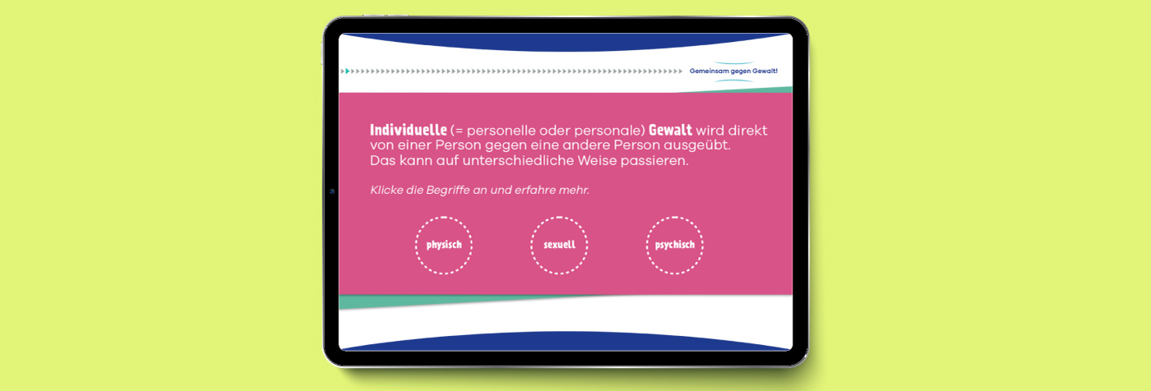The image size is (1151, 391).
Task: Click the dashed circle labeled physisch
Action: (443, 218)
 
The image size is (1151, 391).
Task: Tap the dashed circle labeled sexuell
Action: (559, 218)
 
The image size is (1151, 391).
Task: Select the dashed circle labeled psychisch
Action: (675, 218)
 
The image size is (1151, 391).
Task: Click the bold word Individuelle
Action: (409, 130)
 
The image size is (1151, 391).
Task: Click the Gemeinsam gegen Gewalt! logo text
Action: (733, 71)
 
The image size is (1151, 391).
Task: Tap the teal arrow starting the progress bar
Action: (347, 71)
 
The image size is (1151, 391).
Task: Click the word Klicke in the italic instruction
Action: (386, 190)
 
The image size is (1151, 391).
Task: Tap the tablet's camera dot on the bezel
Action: (332, 191)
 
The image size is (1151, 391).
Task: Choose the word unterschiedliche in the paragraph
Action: (518, 161)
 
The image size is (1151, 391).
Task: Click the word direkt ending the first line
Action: (747, 131)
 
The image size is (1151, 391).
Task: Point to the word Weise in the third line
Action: (597, 161)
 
